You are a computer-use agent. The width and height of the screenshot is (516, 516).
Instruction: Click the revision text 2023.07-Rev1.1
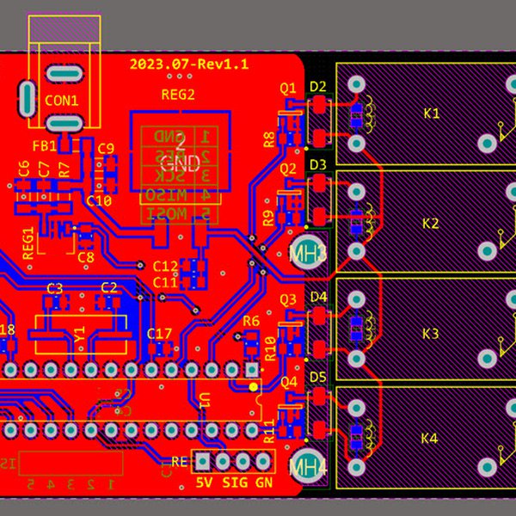coord(189,64)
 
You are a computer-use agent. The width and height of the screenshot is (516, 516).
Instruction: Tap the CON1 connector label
coord(61,101)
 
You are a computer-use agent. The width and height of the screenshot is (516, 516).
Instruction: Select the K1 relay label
coord(431,114)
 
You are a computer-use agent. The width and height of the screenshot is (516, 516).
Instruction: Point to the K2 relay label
coord(431,224)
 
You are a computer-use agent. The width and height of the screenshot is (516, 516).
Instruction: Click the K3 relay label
coord(431,333)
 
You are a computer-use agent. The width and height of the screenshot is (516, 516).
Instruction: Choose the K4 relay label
coord(429,439)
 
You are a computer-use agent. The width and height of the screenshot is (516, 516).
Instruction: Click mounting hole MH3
coord(308,253)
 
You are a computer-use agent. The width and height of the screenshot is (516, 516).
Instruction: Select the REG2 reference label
coord(178,95)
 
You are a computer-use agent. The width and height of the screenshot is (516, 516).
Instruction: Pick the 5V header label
coord(204,483)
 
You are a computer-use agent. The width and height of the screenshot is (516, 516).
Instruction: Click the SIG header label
coord(235,483)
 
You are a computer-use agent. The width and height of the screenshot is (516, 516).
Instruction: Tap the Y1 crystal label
coord(80,332)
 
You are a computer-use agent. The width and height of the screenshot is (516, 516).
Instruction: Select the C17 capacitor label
coord(160,334)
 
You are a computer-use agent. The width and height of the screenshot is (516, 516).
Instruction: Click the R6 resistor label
coord(251,322)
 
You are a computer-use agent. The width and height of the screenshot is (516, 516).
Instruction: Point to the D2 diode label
coord(318,86)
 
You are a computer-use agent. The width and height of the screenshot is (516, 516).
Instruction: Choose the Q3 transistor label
coord(288,299)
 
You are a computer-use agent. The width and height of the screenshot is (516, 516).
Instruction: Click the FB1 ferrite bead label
coord(44,146)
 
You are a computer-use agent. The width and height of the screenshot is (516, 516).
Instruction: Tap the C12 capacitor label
coord(165,267)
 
